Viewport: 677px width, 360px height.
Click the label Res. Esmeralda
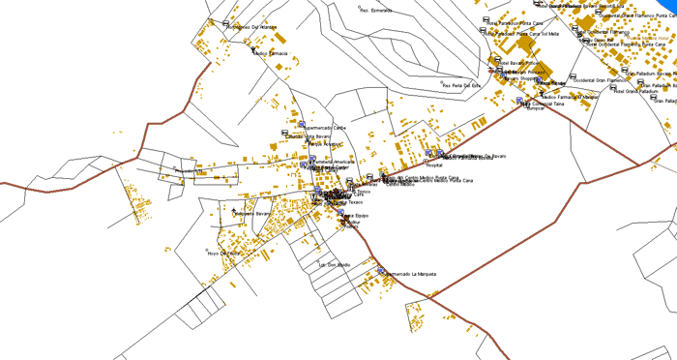[376, 11]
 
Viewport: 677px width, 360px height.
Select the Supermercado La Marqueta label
[411, 274]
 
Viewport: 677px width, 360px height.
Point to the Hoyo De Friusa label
[222, 254]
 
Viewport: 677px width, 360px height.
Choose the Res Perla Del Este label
[461, 85]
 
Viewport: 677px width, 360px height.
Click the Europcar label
[536, 108]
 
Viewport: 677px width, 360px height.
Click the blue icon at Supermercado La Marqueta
[381, 271]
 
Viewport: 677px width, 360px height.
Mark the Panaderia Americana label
[335, 161]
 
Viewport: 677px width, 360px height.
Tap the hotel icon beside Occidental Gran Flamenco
[572, 77]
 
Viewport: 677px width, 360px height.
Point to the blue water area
[663, 7]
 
